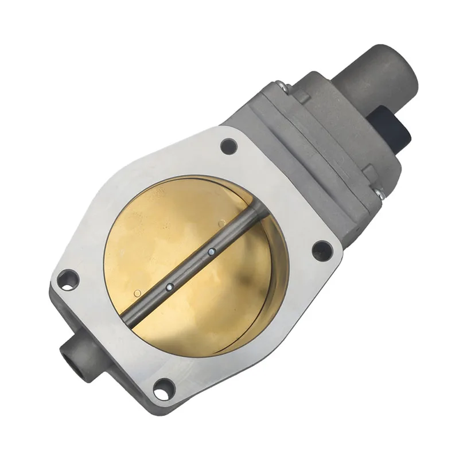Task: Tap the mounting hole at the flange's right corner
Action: pyautogui.click(x=322, y=251)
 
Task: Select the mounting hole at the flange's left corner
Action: pyautogui.click(x=68, y=279)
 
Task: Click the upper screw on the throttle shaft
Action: pyautogui.click(x=212, y=250)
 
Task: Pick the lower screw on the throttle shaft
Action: pyautogui.click(x=169, y=285)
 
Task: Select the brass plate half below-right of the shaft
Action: pyautogui.click(x=229, y=298)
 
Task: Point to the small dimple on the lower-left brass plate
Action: pyautogui.click(x=137, y=294)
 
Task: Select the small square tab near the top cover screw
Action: pyautogui.click(x=301, y=98)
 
